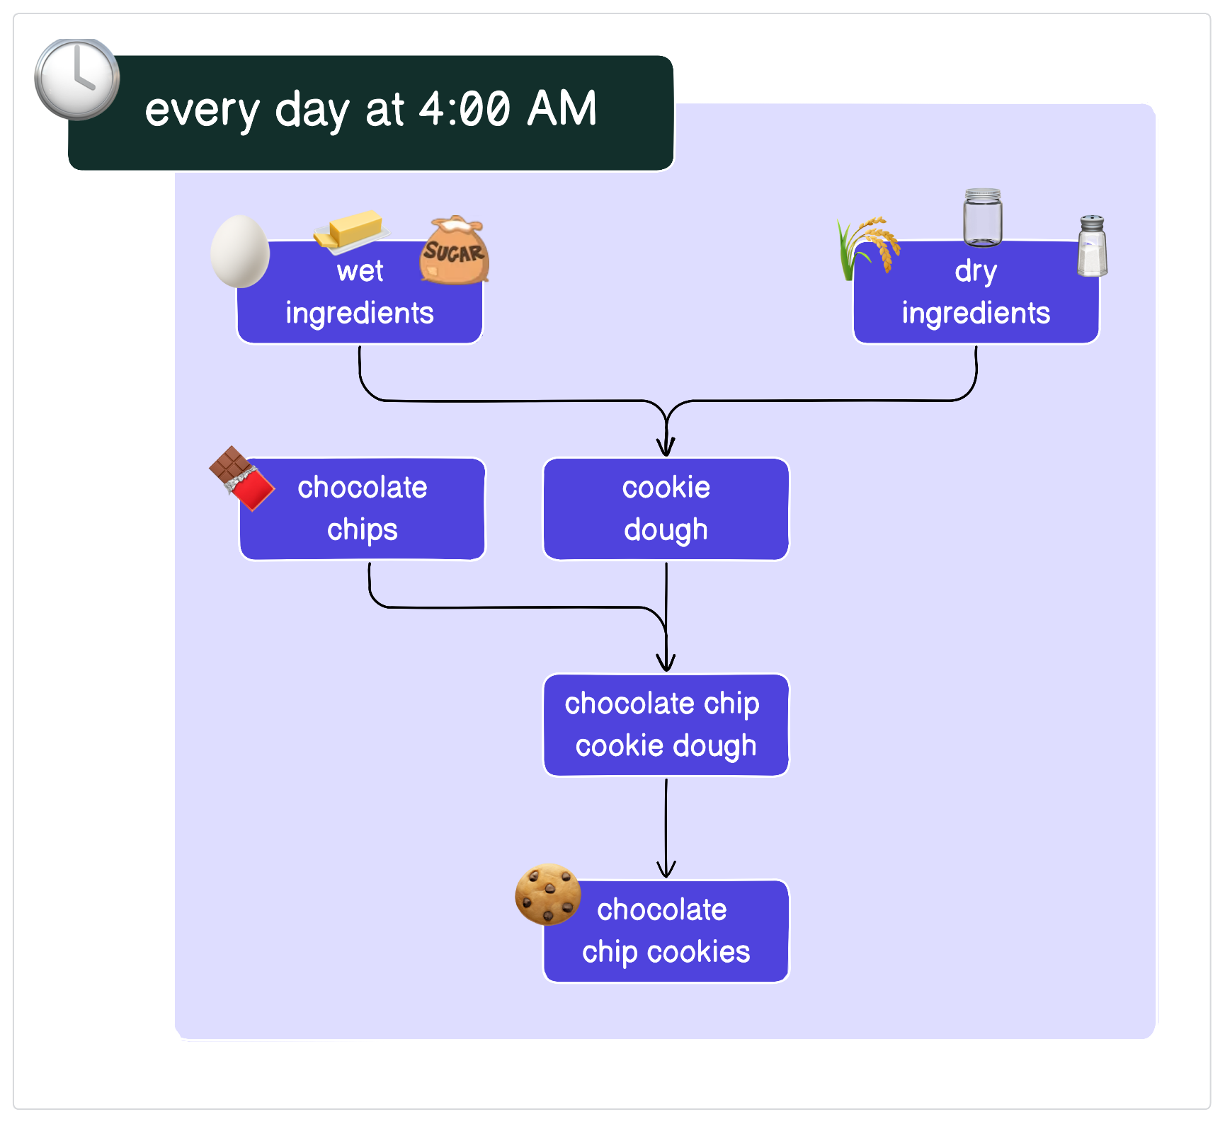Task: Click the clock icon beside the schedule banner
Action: pos(77,79)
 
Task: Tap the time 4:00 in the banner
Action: pos(465,110)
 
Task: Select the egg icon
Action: pos(240,251)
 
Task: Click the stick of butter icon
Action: pos(352,230)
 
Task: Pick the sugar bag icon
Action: pos(455,251)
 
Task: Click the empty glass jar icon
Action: pos(982,217)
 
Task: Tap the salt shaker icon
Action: pos(1092,246)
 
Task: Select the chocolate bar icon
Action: pos(241,478)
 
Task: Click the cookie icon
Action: pos(547,894)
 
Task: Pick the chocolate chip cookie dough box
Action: pos(666,725)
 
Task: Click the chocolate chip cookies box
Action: pos(666,931)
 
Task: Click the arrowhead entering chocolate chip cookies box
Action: pos(666,869)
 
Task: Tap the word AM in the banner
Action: pos(562,110)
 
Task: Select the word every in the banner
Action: pos(203,111)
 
